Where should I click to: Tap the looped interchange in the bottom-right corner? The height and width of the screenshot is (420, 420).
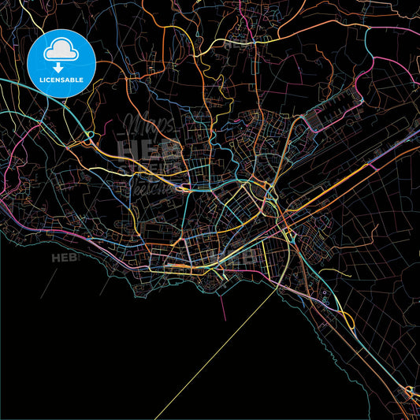(411, 391)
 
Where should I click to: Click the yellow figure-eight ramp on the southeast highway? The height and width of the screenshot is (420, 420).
(348, 319)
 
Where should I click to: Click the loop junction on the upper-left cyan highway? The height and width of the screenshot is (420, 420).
(89, 136)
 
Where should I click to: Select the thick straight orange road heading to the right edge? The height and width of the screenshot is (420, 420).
(370, 165)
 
